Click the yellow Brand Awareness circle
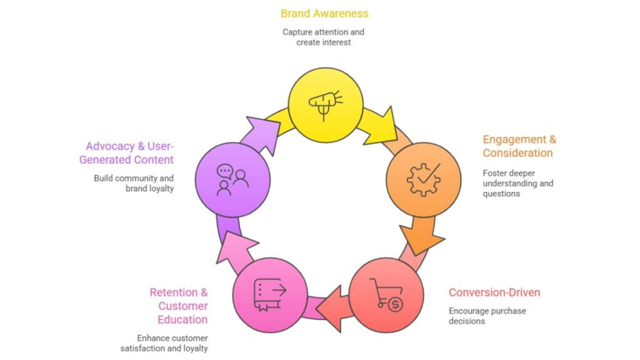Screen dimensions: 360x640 tap(325, 104)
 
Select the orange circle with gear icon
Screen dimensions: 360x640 tap(423, 179)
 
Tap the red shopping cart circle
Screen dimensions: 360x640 tap(386, 294)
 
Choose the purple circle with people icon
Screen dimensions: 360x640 tap(232, 179)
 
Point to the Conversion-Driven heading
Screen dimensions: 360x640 tap(494, 292)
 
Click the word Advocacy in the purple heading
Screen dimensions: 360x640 tap(110, 146)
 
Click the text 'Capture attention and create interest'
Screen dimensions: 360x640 tap(323, 37)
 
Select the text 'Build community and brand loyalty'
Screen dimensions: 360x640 tap(134, 183)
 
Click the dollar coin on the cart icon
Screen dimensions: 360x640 tap(395, 304)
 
